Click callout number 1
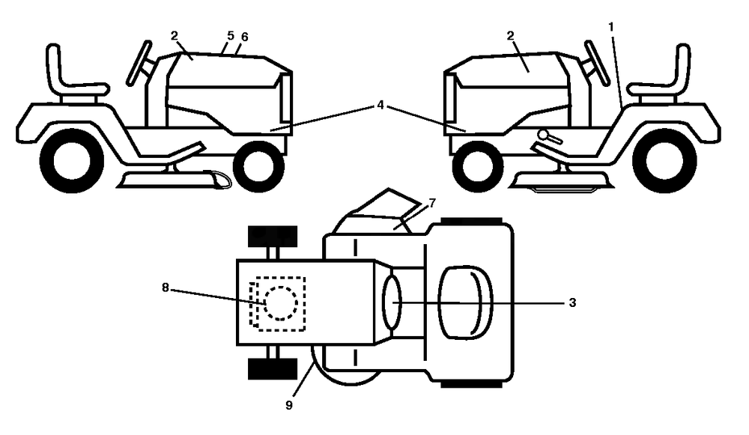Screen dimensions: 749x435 click(611, 27)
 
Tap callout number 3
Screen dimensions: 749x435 click(572, 302)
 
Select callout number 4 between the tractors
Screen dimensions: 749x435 click(380, 105)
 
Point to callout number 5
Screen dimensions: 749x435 click(231, 36)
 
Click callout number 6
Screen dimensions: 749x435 click(245, 37)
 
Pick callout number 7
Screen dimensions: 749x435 click(432, 204)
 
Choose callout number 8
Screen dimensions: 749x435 click(166, 288)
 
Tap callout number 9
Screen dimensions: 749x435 click(289, 405)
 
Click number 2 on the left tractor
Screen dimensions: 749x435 click(175, 36)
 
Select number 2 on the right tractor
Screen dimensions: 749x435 click(511, 36)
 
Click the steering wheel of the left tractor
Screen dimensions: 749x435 click(139, 63)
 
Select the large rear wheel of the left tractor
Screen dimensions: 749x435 click(72, 160)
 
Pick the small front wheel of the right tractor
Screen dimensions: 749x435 click(477, 165)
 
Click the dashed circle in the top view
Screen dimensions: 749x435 click(281, 303)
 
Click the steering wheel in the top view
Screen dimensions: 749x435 click(392, 302)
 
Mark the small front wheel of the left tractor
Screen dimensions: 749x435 click(258, 165)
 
